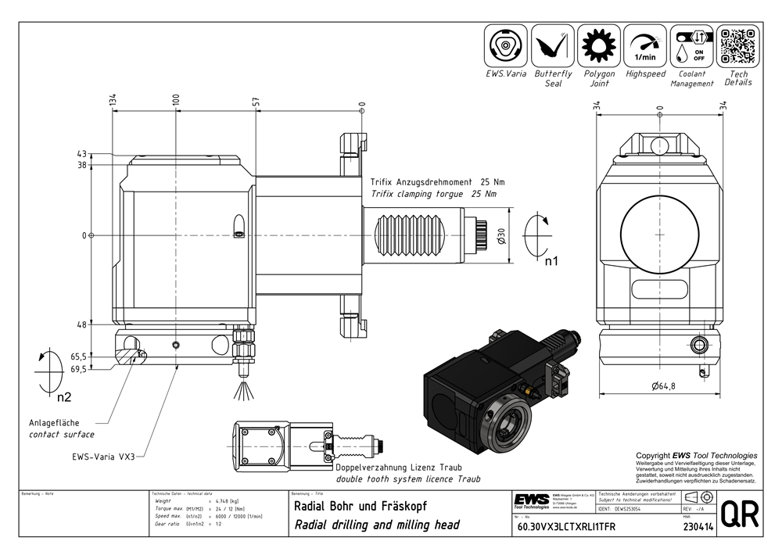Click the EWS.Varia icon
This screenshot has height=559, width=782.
point(507,46)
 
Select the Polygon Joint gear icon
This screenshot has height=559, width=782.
point(599,46)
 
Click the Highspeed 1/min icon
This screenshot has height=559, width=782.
point(645,46)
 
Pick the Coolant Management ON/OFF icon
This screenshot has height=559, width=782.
point(691,46)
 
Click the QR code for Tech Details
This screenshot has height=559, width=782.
point(738,46)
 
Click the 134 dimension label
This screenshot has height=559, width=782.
point(113,101)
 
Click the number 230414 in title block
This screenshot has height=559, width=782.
point(673,527)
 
